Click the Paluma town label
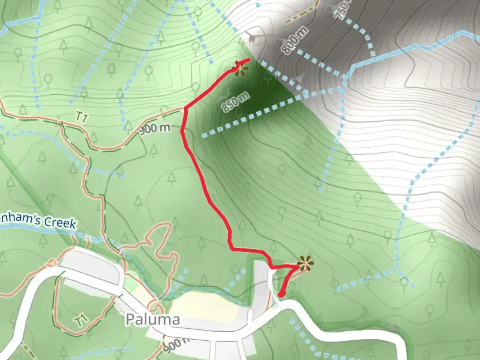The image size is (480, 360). tap(153, 319)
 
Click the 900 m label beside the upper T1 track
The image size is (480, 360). tap(155, 129)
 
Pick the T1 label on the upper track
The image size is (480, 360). tap(81, 117)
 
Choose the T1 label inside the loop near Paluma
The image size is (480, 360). tap(80, 321)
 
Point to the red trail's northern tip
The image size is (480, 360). tap(248, 60)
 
